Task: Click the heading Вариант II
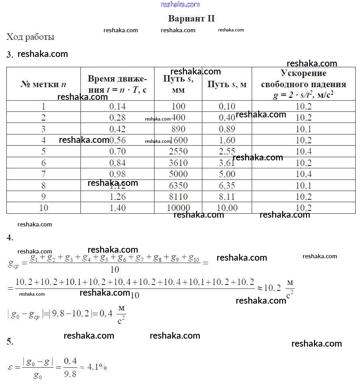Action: point(191,19)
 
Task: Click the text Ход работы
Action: point(30,37)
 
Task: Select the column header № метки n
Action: point(43,84)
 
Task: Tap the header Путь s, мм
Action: point(178,84)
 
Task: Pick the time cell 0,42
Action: point(117,129)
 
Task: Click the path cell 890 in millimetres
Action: point(178,129)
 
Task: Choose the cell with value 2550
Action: point(178,152)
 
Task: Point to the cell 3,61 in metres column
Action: point(227,163)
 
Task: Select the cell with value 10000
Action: point(178,208)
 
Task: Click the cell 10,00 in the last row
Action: point(227,208)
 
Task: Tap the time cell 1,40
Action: point(117,208)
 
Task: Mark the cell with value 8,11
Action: point(227,197)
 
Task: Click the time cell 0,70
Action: point(117,152)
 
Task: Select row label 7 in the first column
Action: point(43,174)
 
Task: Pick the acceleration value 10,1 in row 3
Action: point(303,129)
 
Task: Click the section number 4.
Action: point(10,238)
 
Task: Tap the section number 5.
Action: point(10,341)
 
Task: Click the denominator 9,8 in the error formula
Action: point(70,374)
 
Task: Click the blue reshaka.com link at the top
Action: point(180,4)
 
